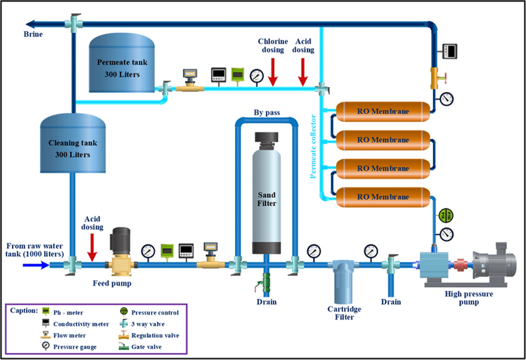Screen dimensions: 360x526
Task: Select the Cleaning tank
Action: click(73, 145)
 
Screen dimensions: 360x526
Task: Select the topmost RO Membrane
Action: click(382, 111)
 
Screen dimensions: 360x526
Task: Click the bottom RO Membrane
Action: click(382, 197)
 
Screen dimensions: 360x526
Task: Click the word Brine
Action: click(33, 34)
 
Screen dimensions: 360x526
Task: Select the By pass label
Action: click(265, 113)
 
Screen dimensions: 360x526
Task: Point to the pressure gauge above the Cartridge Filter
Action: click(371, 250)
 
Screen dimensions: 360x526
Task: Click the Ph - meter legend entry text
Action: click(67, 312)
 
